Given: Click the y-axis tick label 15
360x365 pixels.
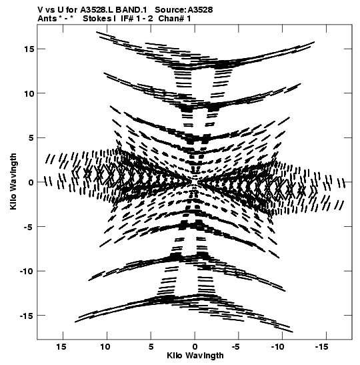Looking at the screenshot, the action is (x=29, y=49).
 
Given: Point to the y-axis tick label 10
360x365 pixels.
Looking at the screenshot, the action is (x=29, y=93).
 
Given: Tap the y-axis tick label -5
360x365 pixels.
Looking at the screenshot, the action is (x=29, y=226).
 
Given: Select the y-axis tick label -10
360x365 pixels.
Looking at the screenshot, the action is (x=27, y=271).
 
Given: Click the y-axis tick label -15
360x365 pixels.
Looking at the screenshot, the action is (x=27, y=316).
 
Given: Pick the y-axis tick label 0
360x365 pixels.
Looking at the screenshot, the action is (x=31, y=182).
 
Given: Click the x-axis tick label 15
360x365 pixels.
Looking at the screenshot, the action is (x=61, y=347).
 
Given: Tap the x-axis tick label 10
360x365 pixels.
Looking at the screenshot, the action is (x=105, y=347).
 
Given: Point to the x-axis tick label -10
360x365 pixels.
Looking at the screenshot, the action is (x=279, y=347).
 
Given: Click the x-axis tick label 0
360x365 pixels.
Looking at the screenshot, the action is (x=195, y=347).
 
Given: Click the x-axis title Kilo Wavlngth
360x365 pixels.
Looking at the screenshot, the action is (x=195, y=356).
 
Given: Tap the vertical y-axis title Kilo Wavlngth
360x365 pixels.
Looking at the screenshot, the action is (x=13, y=181).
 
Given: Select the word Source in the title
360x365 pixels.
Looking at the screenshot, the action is (x=170, y=10).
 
